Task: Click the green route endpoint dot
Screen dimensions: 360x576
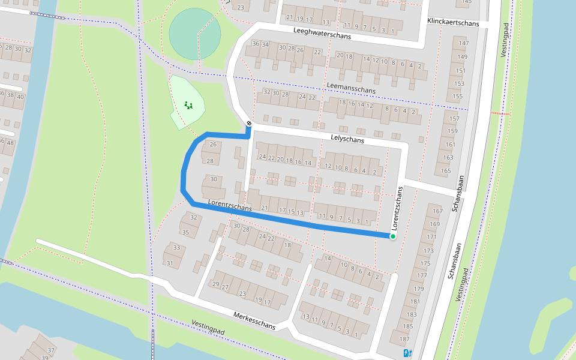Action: (x=393, y=236)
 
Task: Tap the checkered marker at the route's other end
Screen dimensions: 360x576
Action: (x=249, y=124)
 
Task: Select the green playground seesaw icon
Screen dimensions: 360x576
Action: (x=189, y=106)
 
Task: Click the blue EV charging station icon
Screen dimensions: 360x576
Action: (x=408, y=353)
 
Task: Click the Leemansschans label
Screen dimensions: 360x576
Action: (x=352, y=88)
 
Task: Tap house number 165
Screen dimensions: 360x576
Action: (x=446, y=171)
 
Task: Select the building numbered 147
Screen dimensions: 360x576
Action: (x=463, y=43)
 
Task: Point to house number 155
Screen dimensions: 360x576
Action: (x=458, y=96)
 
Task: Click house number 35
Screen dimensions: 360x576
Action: (x=185, y=232)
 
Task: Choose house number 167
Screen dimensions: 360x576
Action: (x=437, y=211)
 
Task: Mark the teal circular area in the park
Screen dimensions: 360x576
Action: (x=194, y=34)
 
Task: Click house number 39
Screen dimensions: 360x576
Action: (x=44, y=358)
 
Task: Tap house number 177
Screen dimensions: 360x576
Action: (x=422, y=275)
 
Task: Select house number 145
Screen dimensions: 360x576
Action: (x=467, y=2)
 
